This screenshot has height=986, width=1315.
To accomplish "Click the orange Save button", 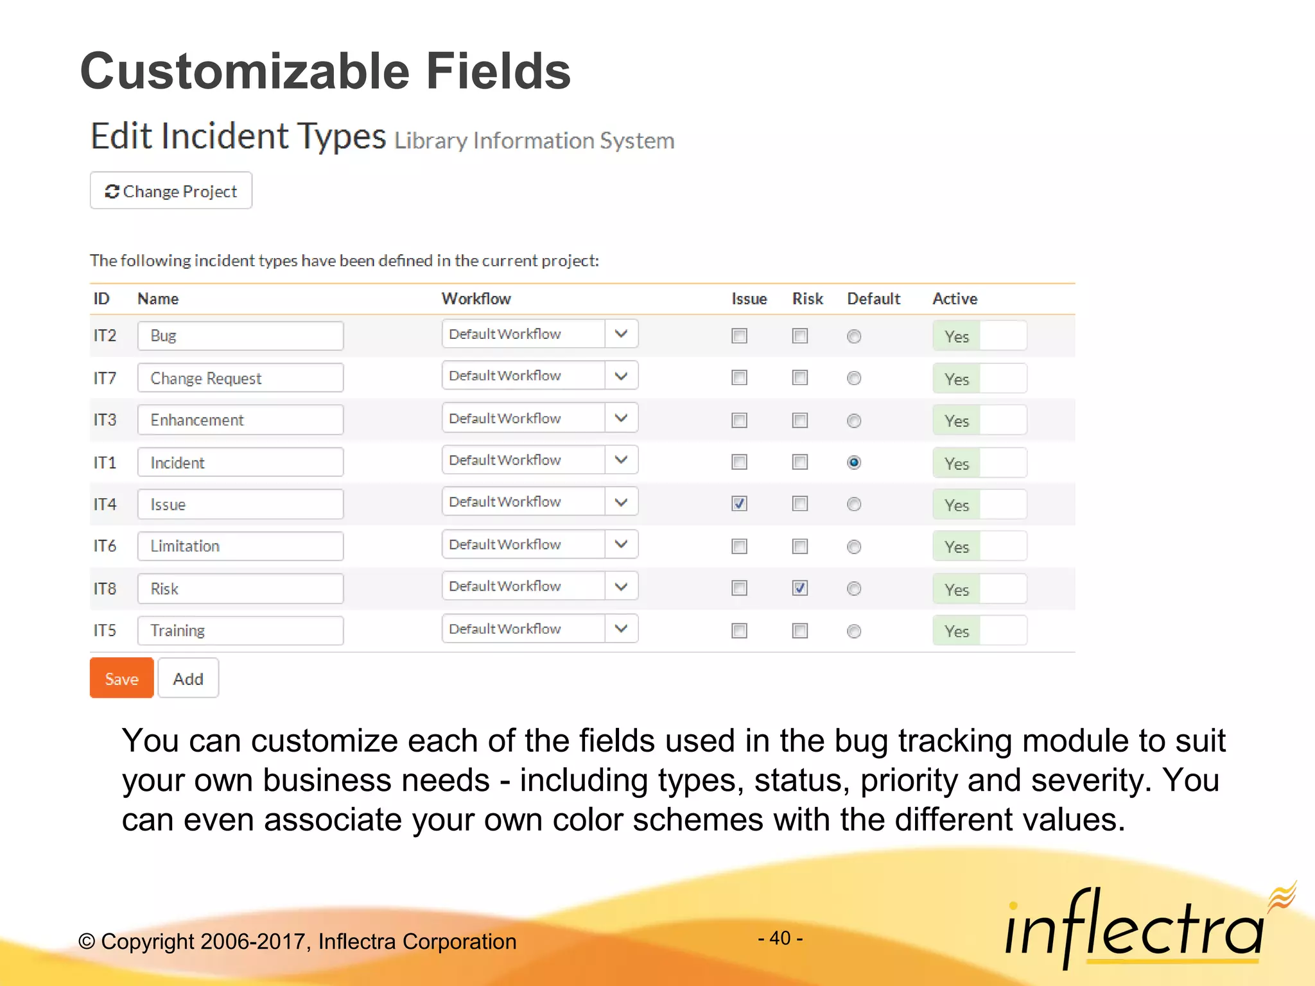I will click(x=121, y=679).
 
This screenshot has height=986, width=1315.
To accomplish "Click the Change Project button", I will click(x=171, y=191).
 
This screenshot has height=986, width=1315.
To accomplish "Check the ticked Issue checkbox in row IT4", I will click(x=739, y=504).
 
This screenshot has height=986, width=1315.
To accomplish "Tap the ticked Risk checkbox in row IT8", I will click(x=799, y=588).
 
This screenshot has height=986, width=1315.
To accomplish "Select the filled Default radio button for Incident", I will click(x=854, y=462).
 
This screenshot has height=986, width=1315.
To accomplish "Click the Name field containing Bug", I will click(x=240, y=336).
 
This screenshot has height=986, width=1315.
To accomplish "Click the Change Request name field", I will click(x=240, y=378).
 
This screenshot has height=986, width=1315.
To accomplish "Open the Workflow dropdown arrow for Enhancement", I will click(x=621, y=418).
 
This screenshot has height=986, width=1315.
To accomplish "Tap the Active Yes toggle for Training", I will click(x=979, y=631).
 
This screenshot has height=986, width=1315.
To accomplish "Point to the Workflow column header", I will click(x=476, y=298).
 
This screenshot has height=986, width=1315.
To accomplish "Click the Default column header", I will click(x=873, y=298).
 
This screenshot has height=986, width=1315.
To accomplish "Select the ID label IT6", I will click(x=105, y=546).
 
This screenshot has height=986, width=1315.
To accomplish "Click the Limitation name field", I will click(x=240, y=546).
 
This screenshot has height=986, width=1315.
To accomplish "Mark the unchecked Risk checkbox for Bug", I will click(x=799, y=336).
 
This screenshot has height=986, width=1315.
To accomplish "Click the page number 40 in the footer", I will click(x=780, y=938).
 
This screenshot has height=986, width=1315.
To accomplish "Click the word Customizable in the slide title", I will click(x=244, y=71).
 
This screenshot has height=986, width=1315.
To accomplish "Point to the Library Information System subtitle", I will click(x=534, y=141).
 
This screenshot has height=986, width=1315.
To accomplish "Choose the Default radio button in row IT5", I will click(x=854, y=631).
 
